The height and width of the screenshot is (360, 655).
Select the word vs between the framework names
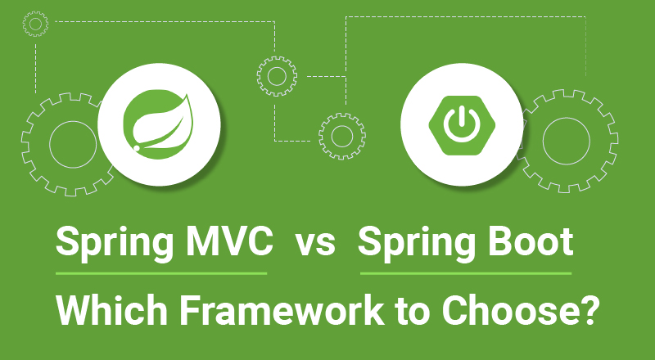click(x=315, y=244)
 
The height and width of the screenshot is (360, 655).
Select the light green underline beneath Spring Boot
click(x=466, y=272)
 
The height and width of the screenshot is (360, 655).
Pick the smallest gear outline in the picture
click(x=35, y=24)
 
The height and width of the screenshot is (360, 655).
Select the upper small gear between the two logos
click(x=275, y=76)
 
